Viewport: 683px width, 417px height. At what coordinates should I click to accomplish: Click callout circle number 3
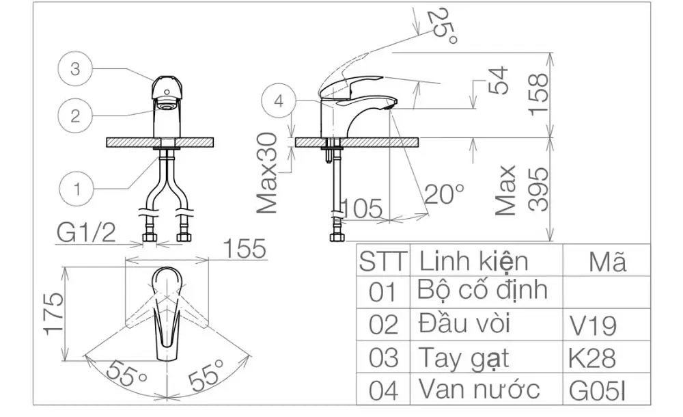[75, 69]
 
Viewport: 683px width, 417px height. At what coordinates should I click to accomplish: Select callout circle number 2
[75, 116]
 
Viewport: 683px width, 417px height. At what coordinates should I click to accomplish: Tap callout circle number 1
[76, 189]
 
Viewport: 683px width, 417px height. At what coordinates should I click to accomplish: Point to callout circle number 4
[279, 100]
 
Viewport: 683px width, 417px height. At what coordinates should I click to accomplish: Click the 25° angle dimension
[442, 26]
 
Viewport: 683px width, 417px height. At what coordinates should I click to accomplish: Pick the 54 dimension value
[499, 80]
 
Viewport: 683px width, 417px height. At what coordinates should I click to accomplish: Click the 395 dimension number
[538, 189]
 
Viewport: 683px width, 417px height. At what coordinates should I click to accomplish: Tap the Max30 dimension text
[267, 173]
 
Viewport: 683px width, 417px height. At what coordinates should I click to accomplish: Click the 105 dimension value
[361, 209]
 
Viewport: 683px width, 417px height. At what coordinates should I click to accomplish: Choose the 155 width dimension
[245, 249]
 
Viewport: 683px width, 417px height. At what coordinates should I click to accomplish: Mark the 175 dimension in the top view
[55, 314]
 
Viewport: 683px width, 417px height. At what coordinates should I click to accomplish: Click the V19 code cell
[593, 326]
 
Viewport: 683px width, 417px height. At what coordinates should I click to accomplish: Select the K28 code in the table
[592, 358]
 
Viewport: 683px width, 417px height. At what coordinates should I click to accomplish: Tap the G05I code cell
[597, 391]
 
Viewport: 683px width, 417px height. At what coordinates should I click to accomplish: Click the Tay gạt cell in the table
[464, 358]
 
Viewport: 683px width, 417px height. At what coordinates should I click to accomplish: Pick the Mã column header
[608, 261]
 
